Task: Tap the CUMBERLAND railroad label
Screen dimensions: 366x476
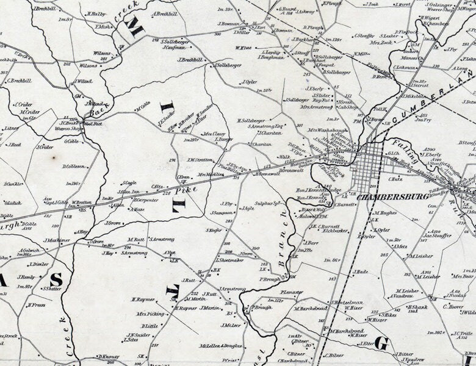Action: pos(425,105)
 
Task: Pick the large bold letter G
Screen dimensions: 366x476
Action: pos(381,344)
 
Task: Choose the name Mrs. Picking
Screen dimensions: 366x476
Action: pos(151,314)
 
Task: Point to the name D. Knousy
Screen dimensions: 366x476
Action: pos(107,357)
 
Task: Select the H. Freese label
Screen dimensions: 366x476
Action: pos(36,304)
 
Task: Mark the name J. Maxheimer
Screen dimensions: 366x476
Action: pos(57,240)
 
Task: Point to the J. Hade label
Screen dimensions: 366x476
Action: pos(360,272)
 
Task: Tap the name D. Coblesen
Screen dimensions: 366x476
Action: pos(74,166)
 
